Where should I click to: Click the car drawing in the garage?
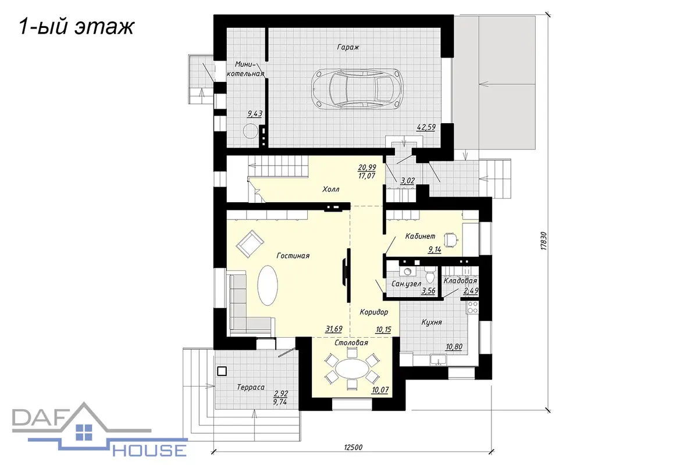(357, 88)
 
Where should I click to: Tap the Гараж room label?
(348, 47)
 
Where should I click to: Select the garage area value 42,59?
(426, 127)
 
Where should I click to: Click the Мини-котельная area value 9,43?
(255, 114)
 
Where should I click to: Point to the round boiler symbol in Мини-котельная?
(250, 131)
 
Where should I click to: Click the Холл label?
(331, 189)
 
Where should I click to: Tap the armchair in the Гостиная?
(250, 244)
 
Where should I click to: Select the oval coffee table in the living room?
(268, 285)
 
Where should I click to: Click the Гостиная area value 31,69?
(334, 328)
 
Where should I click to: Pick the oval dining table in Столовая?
(352, 369)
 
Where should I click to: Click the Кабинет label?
(420, 237)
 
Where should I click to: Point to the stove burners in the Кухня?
(472, 307)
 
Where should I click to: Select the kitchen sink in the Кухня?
(439, 360)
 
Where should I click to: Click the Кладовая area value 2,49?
(471, 291)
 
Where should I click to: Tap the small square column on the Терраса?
(222, 371)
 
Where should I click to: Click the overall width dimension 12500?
(353, 448)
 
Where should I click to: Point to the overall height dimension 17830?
(543, 241)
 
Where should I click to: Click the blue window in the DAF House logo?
(84, 432)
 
